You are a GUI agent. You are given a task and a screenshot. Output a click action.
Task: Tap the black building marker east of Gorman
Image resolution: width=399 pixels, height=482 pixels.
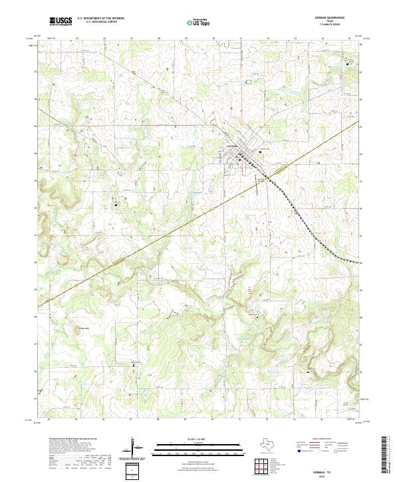tap(260, 152)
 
